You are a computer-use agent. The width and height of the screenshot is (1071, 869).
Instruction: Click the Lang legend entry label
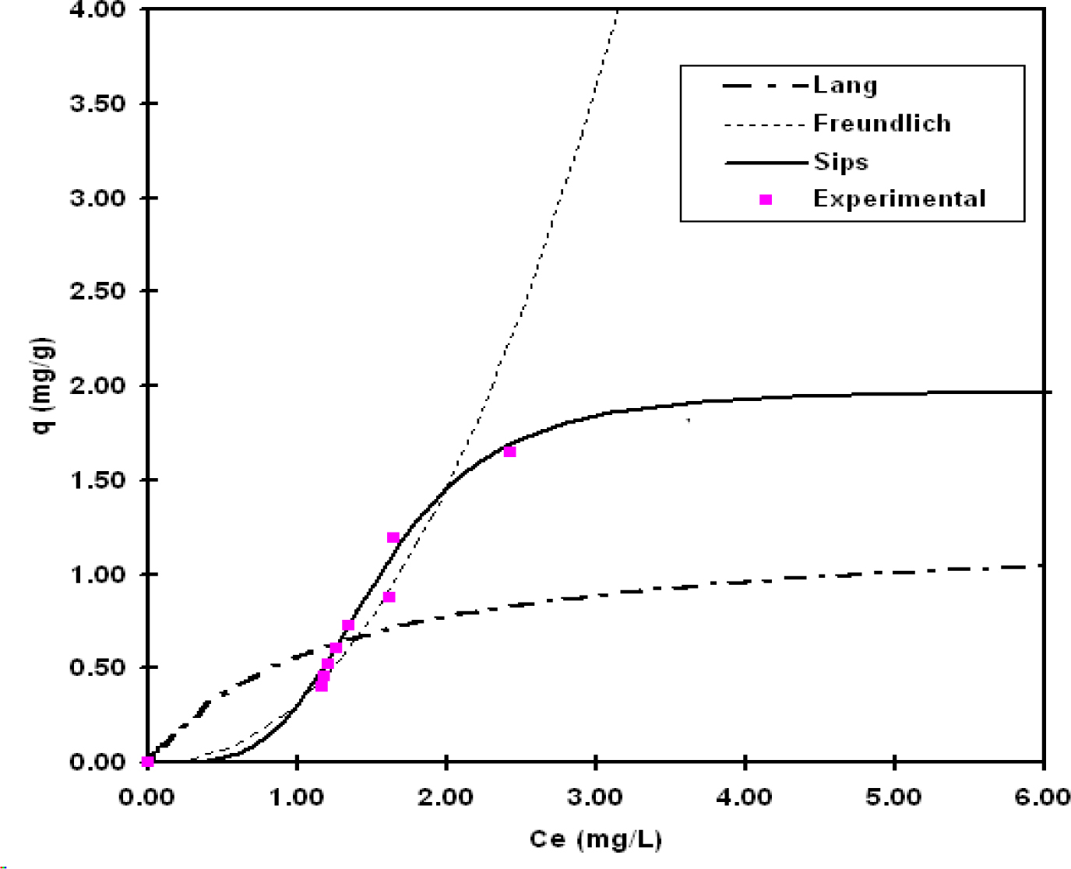coord(845,85)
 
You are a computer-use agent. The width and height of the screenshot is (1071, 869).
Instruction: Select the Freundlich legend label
coord(882,123)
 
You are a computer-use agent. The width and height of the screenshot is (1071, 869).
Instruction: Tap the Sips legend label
coord(840,161)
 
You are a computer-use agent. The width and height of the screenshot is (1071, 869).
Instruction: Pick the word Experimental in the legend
coord(900,199)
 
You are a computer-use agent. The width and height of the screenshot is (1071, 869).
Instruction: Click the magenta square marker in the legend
coord(766,199)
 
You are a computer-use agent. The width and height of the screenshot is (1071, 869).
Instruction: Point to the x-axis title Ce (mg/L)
coord(595,839)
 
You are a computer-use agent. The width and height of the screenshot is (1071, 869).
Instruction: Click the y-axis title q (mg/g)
coord(44,385)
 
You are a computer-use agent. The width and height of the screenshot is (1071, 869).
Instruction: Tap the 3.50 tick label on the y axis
coord(97,104)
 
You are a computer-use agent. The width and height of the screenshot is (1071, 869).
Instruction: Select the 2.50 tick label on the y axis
coord(97,291)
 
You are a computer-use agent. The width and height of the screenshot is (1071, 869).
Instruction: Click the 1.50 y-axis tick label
coord(97,480)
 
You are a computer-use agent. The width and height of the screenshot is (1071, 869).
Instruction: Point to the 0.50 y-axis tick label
coord(97,668)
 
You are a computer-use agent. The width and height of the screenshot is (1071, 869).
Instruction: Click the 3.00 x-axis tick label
coord(595,797)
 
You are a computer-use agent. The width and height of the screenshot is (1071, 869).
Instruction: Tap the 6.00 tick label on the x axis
coord(1043,797)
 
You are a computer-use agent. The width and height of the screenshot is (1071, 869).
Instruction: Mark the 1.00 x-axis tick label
coord(297,797)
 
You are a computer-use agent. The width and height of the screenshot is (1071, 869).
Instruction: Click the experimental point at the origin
coord(148,762)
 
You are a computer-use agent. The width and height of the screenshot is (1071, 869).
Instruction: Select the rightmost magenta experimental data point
coord(509,452)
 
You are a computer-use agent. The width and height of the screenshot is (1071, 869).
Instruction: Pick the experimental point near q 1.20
coord(393,538)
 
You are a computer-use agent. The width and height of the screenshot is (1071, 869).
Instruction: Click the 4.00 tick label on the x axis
coord(745,797)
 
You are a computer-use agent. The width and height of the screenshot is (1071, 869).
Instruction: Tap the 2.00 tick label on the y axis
coord(97,385)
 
